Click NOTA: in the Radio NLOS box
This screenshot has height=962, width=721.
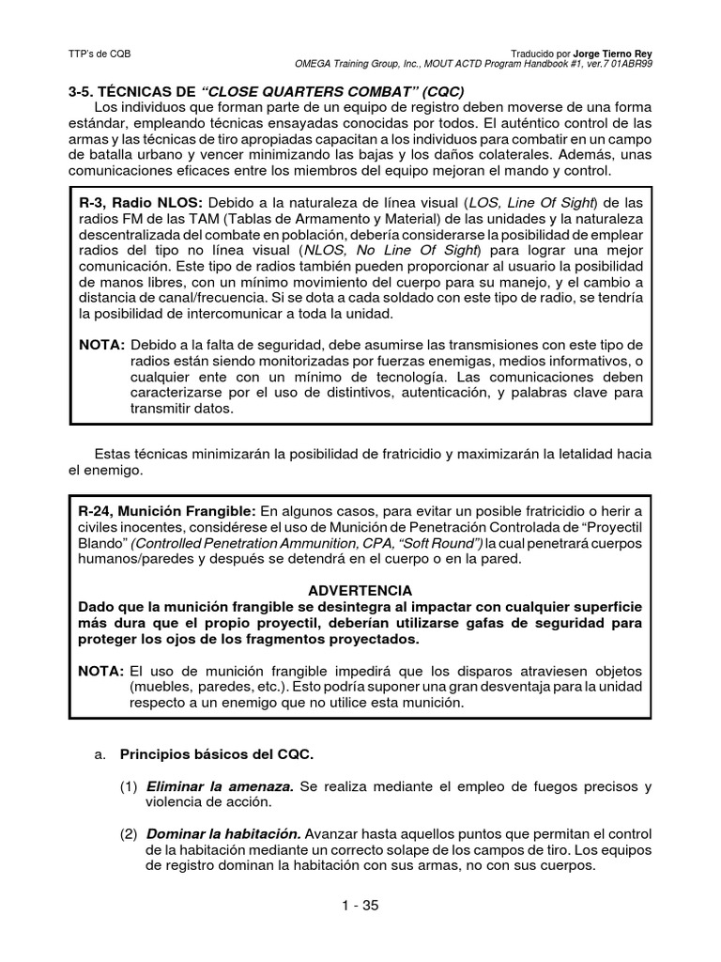(101, 346)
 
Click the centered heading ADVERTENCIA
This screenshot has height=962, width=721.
(360, 590)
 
